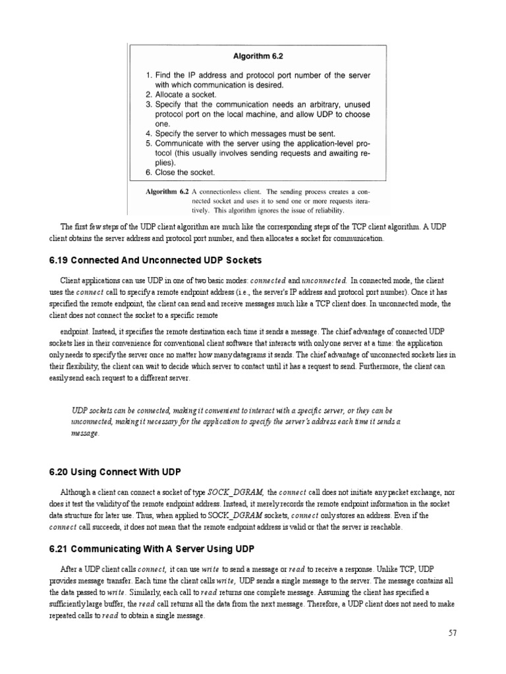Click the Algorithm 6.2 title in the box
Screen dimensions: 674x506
(258, 57)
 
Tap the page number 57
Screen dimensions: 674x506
(452, 633)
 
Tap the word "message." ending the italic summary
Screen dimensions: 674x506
(86, 433)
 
